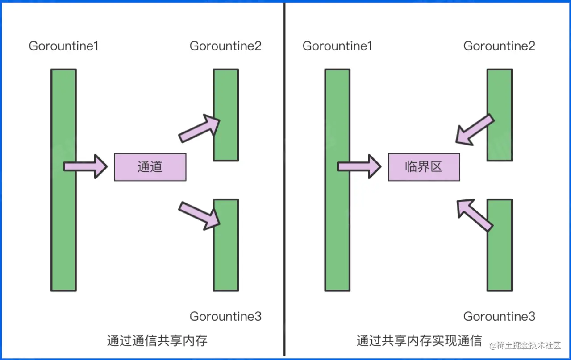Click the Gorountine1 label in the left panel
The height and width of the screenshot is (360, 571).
(x=63, y=46)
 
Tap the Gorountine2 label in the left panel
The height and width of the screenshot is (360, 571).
(x=225, y=46)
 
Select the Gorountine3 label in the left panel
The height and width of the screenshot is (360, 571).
(x=225, y=317)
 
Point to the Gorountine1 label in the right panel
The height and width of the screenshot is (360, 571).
(x=337, y=46)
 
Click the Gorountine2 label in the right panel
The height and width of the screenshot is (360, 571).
(x=499, y=46)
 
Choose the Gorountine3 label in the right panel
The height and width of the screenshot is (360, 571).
(x=499, y=317)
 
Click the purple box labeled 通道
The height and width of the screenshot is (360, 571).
(x=150, y=167)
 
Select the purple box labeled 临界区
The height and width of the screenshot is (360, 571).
(x=424, y=167)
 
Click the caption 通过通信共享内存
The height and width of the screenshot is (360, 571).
(x=157, y=341)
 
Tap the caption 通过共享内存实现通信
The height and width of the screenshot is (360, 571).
(x=419, y=341)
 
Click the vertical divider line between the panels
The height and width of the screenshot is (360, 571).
(x=284, y=178)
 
